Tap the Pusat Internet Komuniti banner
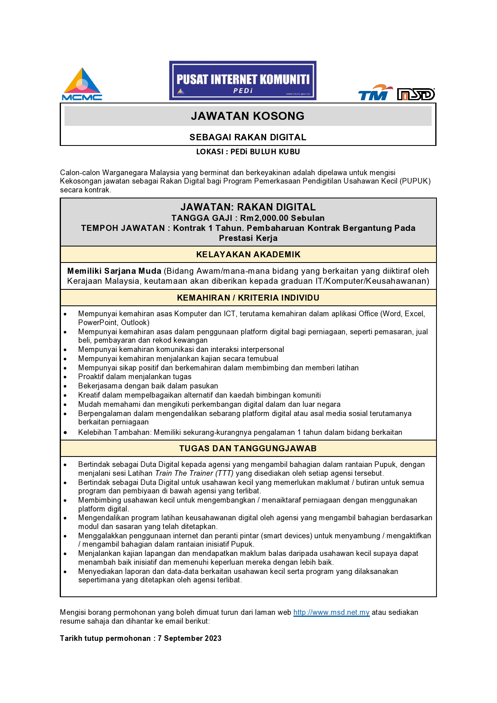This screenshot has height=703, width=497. click(x=242, y=81)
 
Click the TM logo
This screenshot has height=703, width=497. click(x=374, y=93)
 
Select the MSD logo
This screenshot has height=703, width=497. click(x=416, y=94)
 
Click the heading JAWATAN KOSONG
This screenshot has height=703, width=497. click(x=248, y=116)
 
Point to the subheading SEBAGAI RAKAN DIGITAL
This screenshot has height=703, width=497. click(x=248, y=137)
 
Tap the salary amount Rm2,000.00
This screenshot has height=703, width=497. click(x=264, y=218)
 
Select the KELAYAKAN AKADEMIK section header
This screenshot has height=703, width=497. click(x=248, y=255)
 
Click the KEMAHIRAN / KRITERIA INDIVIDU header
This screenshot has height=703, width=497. click(x=248, y=298)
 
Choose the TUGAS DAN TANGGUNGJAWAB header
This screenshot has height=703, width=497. click(x=248, y=448)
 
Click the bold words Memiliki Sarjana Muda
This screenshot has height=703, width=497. click(x=114, y=271)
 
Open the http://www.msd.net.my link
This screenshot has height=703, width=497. click(x=331, y=612)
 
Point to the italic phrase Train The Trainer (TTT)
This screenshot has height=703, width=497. click(x=194, y=473)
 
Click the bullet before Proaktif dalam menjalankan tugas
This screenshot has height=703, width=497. click(x=65, y=377)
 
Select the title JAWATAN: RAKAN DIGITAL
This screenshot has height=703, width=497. click(x=248, y=207)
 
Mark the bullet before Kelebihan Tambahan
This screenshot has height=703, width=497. click(x=65, y=432)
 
